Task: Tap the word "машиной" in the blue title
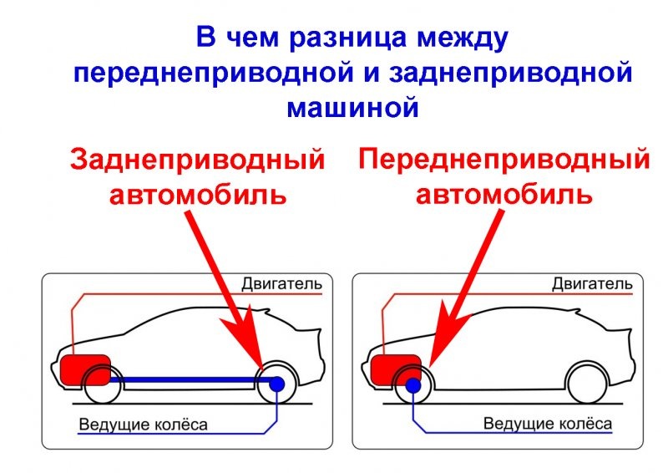[x=352, y=107]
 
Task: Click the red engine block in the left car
[x=85, y=369]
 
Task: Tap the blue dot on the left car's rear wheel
[x=276, y=383]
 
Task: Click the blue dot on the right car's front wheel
[x=412, y=384]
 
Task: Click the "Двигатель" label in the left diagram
[x=281, y=284]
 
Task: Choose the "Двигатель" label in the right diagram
[x=591, y=284]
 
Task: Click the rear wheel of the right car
[x=587, y=384]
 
